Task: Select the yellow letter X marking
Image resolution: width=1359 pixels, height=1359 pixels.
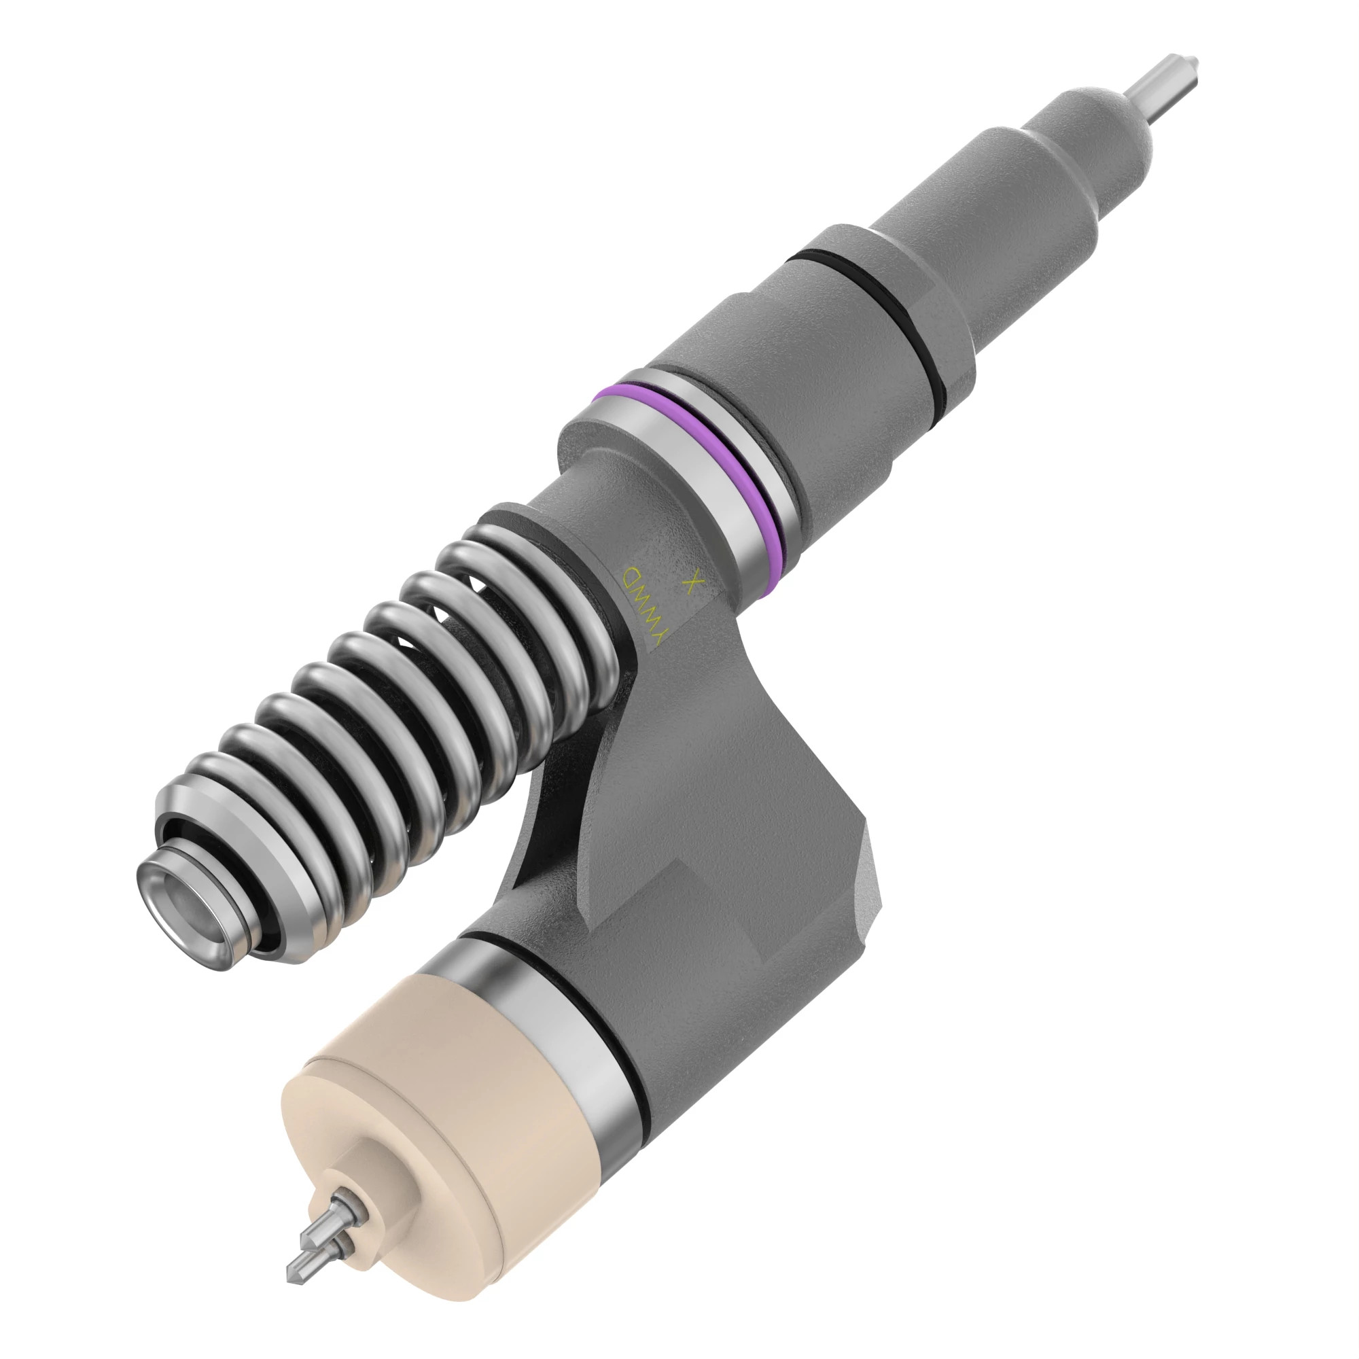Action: pyautogui.click(x=694, y=583)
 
